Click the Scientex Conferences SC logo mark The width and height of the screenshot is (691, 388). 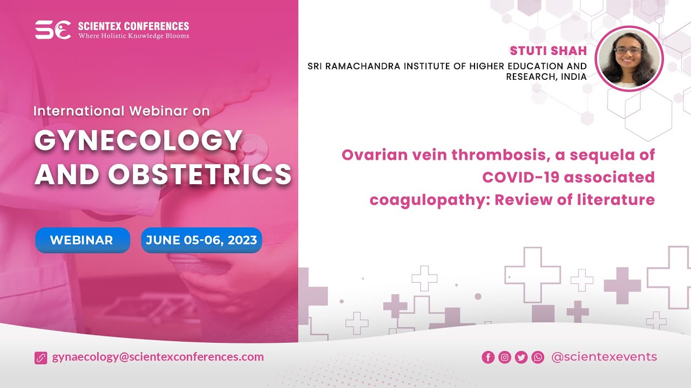(x=53, y=30)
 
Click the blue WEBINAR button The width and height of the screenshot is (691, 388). (x=82, y=240)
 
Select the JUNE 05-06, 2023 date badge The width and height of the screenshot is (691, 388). (x=201, y=240)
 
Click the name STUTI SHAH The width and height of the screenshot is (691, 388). (x=548, y=51)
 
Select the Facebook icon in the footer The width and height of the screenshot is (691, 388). (x=488, y=357)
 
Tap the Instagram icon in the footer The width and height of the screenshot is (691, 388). (x=505, y=357)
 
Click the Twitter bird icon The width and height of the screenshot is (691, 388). (x=521, y=357)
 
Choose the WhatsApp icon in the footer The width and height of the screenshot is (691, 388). (x=538, y=357)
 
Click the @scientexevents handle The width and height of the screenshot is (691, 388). (x=604, y=357)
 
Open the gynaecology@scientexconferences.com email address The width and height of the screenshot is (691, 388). (x=158, y=357)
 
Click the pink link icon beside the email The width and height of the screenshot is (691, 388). (x=41, y=357)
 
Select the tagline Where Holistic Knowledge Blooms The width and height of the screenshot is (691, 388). (x=134, y=36)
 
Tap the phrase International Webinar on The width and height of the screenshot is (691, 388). (x=121, y=111)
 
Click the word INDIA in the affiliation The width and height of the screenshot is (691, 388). (x=574, y=77)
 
